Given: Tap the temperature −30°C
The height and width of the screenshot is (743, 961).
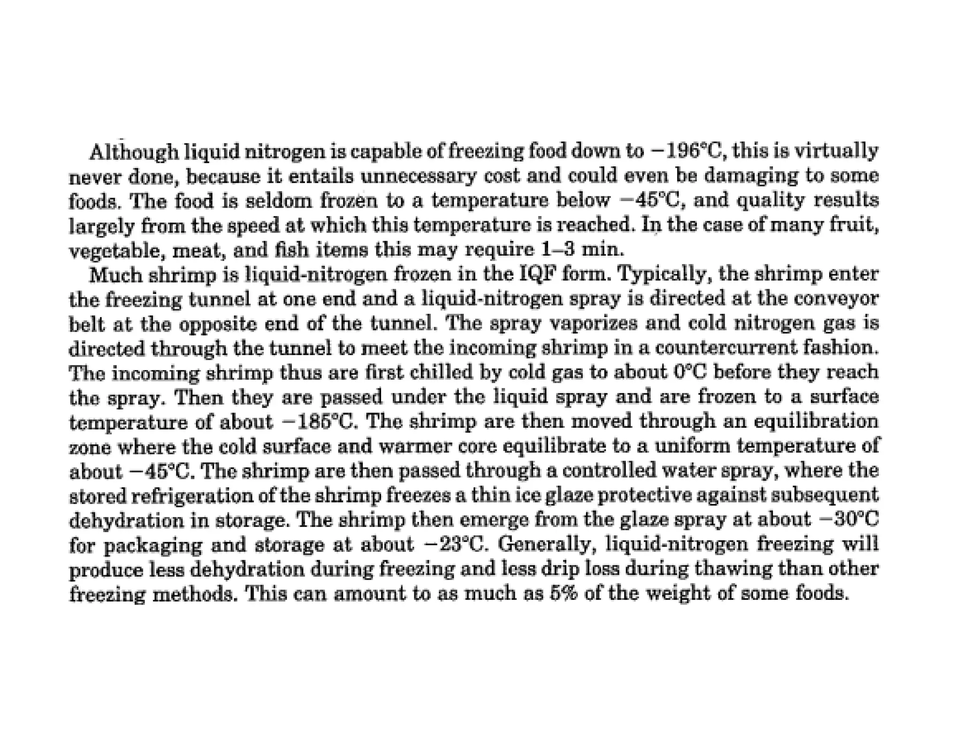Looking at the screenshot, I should (x=849, y=519).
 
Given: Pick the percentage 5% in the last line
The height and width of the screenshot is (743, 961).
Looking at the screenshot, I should (x=564, y=593).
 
